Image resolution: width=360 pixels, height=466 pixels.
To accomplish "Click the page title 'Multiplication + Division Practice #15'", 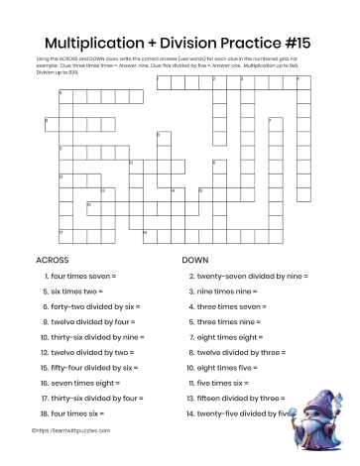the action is point(180,44).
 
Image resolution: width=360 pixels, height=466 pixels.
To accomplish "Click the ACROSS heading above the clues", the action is point(52,260).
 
